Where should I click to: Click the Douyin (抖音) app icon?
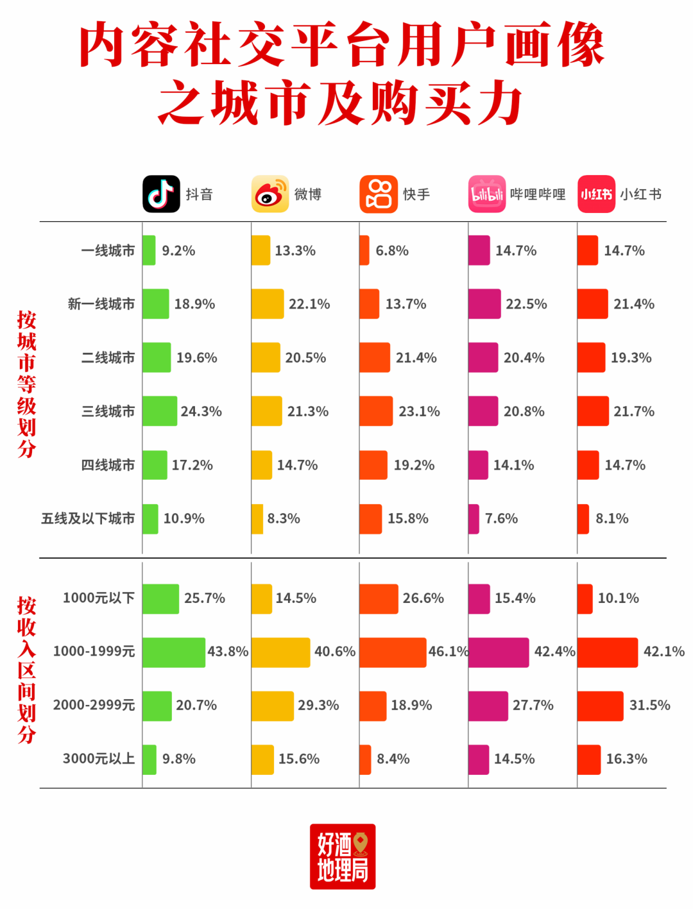(161, 194)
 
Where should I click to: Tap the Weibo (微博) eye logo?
(269, 194)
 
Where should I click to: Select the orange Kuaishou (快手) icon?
(379, 194)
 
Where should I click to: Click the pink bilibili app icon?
(487, 194)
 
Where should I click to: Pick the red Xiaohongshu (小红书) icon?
(596, 194)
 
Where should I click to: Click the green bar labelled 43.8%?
(174, 652)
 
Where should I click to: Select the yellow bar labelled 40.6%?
(280, 652)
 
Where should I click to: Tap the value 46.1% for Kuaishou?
(449, 652)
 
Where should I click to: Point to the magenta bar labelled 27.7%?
(488, 706)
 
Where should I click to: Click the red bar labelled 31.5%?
(600, 706)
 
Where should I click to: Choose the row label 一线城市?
(108, 251)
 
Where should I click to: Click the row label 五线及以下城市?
(88, 518)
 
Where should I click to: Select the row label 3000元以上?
(99, 759)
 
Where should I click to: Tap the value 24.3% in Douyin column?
(201, 411)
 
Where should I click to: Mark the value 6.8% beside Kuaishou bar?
(392, 251)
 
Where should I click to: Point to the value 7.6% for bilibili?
(501, 518)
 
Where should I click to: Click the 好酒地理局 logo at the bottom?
(343, 856)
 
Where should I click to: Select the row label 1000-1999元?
(94, 652)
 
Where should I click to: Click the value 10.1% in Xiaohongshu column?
(618, 599)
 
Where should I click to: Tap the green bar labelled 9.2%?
(149, 250)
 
